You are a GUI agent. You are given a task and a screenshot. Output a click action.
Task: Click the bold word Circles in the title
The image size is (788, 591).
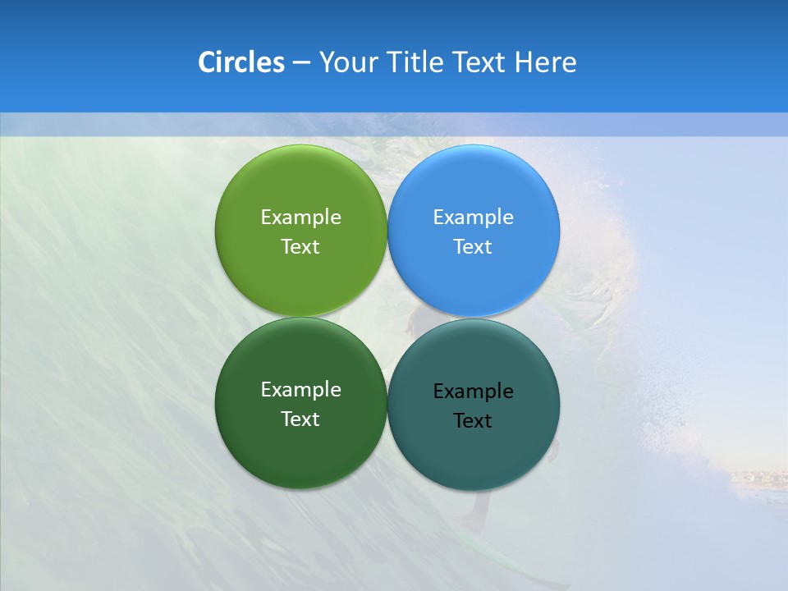click(241, 62)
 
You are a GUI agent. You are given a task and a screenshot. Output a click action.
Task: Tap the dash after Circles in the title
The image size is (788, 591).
click(301, 63)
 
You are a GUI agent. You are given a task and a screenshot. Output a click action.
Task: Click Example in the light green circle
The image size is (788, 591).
click(300, 217)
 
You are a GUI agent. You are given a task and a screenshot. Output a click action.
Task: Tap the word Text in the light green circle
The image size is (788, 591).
click(300, 246)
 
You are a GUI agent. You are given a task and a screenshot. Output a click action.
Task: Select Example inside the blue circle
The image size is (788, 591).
click(473, 217)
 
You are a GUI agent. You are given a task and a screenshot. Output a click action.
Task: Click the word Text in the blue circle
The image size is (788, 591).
click(473, 246)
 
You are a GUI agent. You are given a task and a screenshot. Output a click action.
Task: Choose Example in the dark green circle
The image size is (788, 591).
click(300, 389)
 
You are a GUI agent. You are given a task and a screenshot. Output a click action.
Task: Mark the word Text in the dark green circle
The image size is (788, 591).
click(300, 419)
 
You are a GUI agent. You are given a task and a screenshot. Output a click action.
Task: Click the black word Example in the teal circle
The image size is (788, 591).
click(473, 391)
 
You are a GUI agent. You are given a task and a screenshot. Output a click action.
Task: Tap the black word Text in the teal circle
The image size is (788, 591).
click(473, 420)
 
